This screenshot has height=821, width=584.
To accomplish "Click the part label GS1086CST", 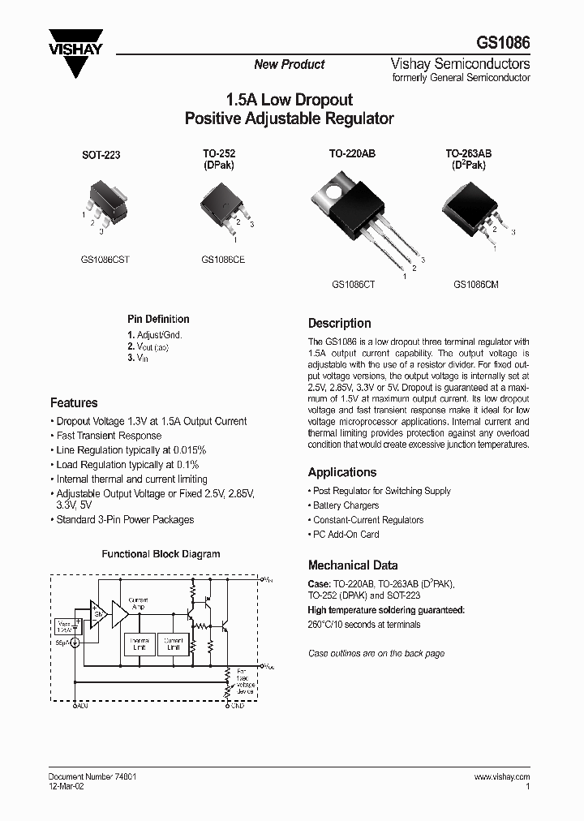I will point(105,260).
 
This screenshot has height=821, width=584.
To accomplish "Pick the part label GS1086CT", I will point(352,285).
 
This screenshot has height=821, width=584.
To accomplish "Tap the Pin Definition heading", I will point(158,320).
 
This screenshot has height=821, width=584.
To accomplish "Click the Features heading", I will point(74,402).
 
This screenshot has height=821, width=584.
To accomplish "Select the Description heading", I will point(339,323).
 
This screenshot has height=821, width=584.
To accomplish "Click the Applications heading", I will point(342,472).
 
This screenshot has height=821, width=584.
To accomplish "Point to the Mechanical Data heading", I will point(353,565).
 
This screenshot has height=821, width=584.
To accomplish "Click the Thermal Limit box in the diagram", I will point(139,643).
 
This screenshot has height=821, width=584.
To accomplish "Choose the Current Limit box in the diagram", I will point(172,643).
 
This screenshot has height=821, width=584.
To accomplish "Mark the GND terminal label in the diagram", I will point(234,707).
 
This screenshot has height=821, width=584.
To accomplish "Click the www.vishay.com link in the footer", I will point(502,776).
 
